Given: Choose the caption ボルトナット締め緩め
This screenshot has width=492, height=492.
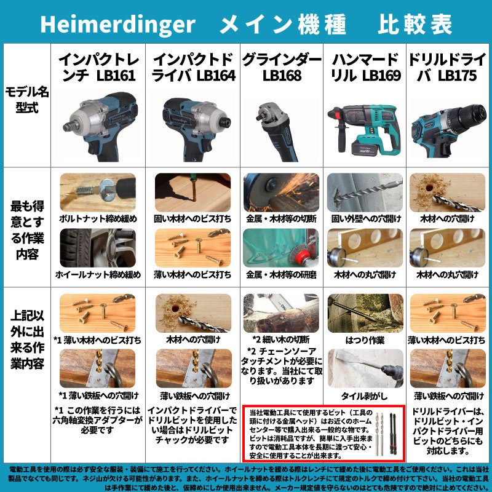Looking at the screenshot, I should [98, 218].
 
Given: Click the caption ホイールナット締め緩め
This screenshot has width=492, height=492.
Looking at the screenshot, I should [98, 274].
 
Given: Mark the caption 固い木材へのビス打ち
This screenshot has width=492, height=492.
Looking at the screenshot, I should [193, 218].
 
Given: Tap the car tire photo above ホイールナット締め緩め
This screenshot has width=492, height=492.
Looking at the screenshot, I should [98, 248].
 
